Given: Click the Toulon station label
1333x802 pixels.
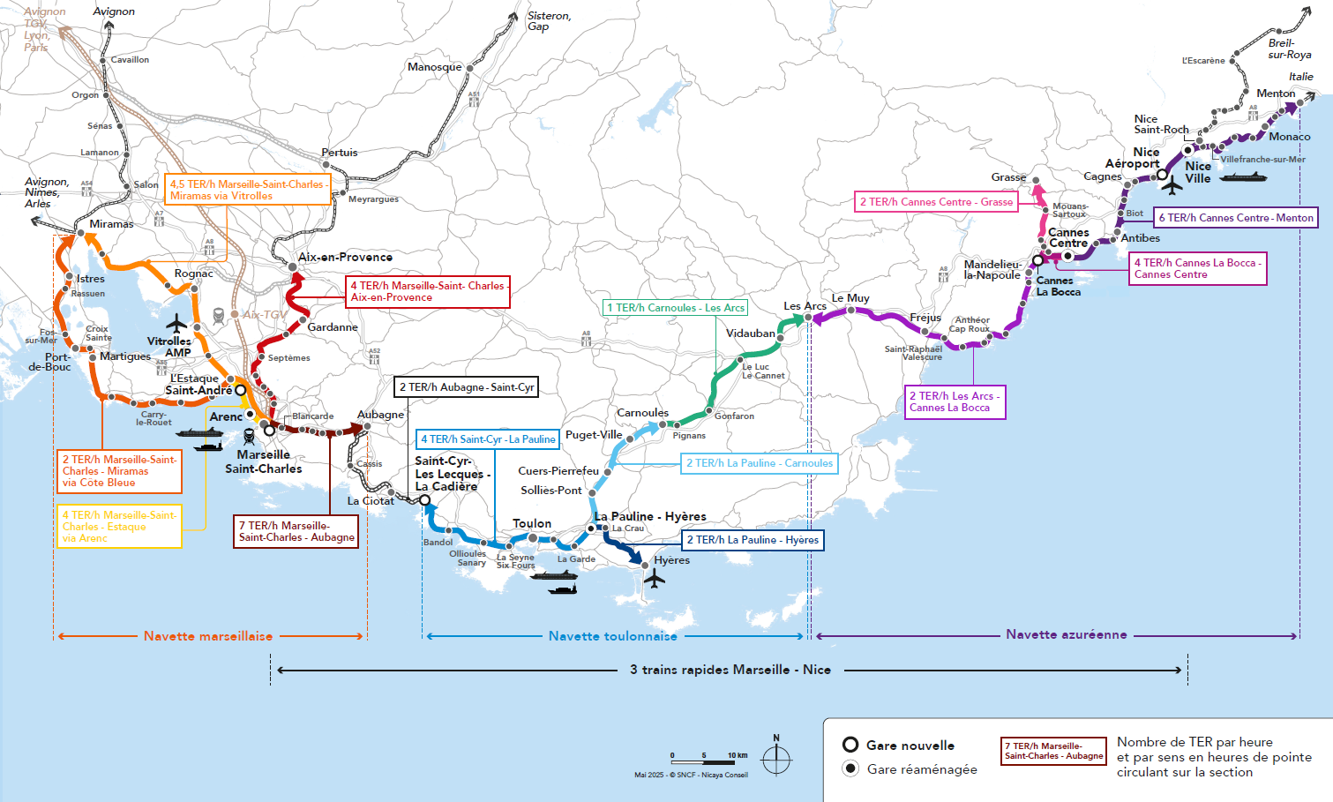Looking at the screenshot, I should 532,523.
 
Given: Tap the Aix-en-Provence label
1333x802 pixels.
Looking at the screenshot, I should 345,258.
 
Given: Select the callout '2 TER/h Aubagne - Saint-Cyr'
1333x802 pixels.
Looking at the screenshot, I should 467,387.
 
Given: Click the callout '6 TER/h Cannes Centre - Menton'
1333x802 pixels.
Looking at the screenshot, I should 1235,218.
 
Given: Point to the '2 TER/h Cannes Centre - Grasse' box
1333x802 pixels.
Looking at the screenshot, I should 936,202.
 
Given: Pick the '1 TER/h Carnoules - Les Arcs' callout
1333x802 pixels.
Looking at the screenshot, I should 676,308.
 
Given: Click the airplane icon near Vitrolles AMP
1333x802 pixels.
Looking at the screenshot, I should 177,322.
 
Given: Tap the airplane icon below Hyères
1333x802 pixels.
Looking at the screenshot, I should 654,579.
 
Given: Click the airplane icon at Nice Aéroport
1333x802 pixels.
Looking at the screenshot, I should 1172,186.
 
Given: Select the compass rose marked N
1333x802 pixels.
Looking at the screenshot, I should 776,758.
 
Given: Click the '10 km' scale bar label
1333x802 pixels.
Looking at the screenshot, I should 738,755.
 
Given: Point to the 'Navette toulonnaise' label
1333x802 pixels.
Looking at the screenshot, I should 613,636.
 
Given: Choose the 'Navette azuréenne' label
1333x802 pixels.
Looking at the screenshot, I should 1066,634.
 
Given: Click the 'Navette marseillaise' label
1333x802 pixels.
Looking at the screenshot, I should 208,636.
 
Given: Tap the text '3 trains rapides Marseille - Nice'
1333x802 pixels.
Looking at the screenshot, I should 730,670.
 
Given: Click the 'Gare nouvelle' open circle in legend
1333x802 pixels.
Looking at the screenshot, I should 850,745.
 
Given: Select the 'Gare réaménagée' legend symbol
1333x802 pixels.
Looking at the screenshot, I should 850,768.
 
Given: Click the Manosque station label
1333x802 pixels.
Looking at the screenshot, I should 434,67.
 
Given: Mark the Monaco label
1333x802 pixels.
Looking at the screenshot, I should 1289,137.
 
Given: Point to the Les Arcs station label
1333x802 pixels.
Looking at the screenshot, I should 805,306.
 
